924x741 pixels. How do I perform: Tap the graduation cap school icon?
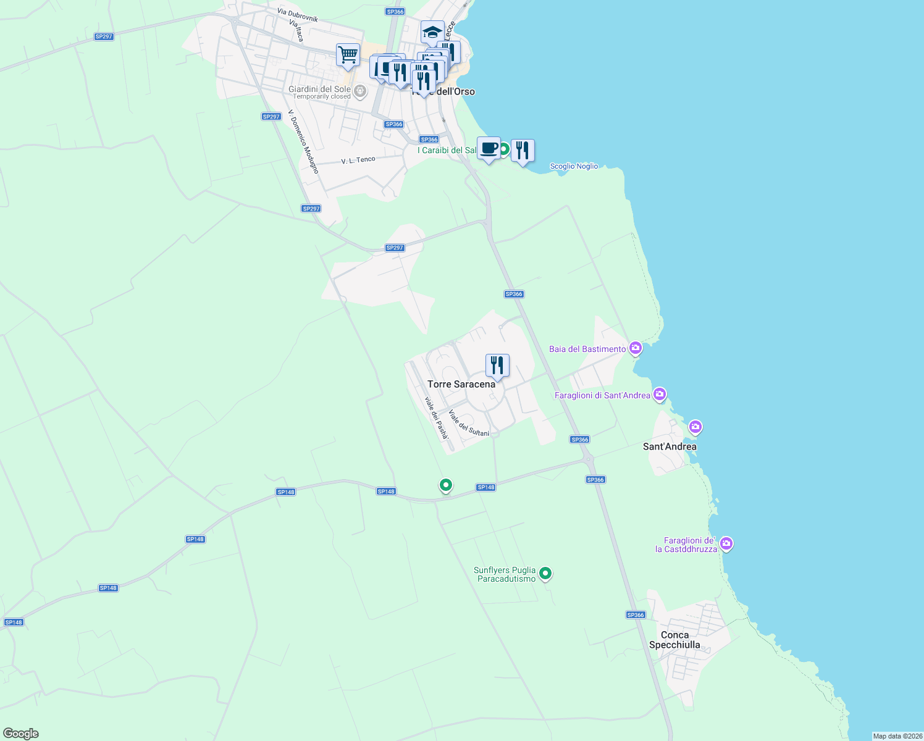tap(432, 32)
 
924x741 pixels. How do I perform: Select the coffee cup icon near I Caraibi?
tap(489, 149)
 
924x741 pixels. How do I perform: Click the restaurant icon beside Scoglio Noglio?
tap(523, 151)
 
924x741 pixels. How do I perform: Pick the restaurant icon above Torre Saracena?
tap(497, 366)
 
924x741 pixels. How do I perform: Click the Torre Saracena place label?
tap(461, 384)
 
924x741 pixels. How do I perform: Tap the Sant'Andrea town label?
tap(670, 446)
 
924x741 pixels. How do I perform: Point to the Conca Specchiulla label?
tap(674, 640)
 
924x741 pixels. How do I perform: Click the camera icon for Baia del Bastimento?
tap(635, 349)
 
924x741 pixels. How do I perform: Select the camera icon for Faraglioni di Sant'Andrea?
tap(660, 394)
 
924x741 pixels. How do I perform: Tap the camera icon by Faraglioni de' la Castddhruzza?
tap(726, 544)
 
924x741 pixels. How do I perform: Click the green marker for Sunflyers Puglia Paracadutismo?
tap(545, 574)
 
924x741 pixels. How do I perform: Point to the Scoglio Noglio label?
tap(574, 166)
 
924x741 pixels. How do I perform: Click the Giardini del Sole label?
tap(319, 90)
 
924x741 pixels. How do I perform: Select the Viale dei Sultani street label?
tap(469, 423)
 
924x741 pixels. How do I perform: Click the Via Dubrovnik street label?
tap(298, 15)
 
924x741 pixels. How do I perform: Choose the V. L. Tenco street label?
tap(358, 160)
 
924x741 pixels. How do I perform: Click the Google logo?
tap(20, 734)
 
